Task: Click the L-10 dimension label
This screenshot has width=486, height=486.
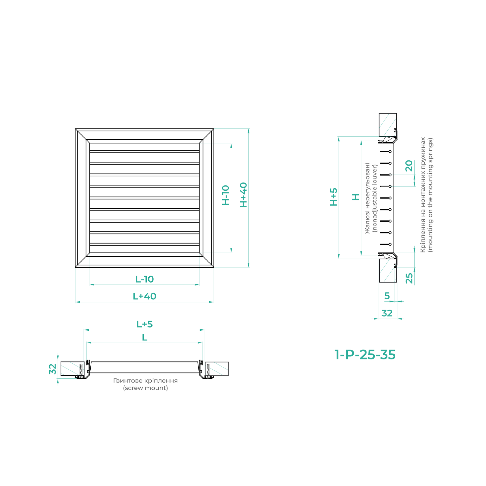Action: tap(144, 279)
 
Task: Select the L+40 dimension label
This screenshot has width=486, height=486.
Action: tap(144, 296)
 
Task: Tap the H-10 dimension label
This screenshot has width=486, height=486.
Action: tap(226, 195)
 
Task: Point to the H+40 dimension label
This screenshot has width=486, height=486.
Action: tap(243, 195)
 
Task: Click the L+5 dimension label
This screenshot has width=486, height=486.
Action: tap(144, 324)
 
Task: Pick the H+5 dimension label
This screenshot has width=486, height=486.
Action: tap(334, 197)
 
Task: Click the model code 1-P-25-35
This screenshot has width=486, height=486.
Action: tap(365, 355)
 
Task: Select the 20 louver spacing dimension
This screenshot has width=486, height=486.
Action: tap(409, 166)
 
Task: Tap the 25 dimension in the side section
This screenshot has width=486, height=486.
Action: tap(409, 278)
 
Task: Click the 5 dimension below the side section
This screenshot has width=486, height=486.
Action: tap(387, 296)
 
